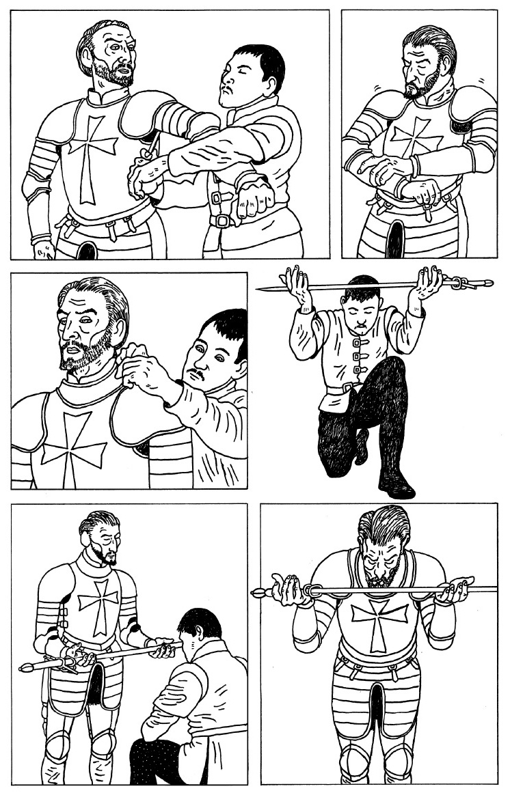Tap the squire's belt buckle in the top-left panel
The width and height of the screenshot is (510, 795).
[x=220, y=221]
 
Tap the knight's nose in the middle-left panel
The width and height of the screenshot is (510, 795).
[x=66, y=333]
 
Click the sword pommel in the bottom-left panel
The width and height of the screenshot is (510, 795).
[x=26, y=666]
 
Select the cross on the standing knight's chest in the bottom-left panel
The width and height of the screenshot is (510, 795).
[x=98, y=604]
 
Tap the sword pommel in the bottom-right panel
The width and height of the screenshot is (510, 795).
[x=258, y=592]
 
